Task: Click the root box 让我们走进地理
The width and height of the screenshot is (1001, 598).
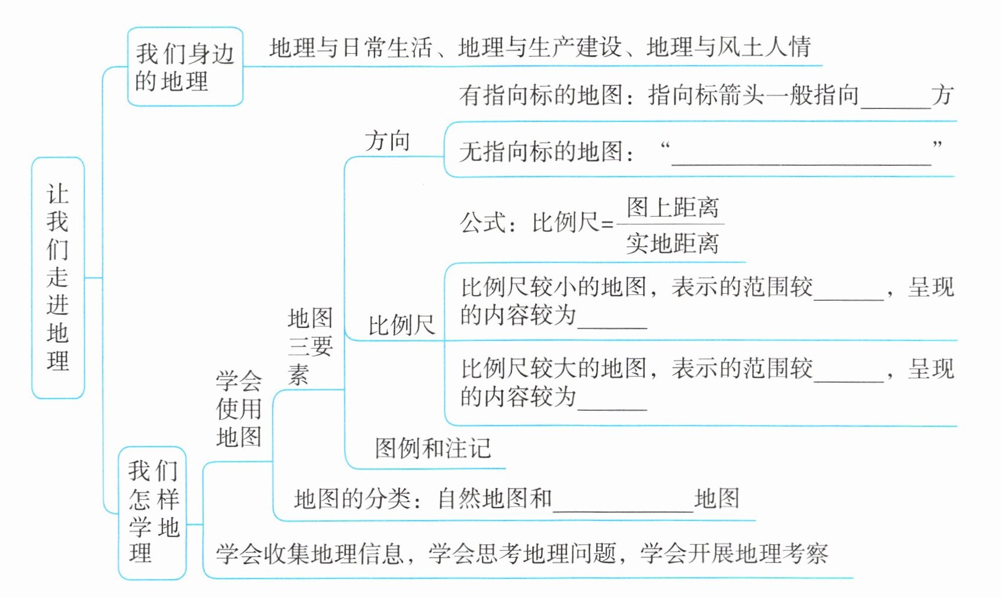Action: pyautogui.click(x=57, y=277)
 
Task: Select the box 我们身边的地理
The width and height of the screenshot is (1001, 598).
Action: pyautogui.click(x=185, y=67)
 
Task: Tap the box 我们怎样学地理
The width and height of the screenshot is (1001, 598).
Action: pyautogui.click(x=152, y=513)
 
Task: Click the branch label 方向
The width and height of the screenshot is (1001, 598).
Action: pyautogui.click(x=388, y=142)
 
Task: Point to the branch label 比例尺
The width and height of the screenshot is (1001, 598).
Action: pyautogui.click(x=401, y=325)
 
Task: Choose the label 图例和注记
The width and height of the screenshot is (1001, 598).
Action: pyautogui.click(x=433, y=448)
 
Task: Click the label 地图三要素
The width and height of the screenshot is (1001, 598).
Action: pyautogui.click(x=310, y=346)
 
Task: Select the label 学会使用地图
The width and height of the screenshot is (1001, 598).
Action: pyautogui.click(x=239, y=409)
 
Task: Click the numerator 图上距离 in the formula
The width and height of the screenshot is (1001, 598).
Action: pyautogui.click(x=673, y=207)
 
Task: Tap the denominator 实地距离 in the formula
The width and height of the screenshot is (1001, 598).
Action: pyautogui.click(x=673, y=243)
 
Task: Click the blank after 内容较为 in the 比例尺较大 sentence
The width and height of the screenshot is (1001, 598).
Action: pyautogui.click(x=612, y=403)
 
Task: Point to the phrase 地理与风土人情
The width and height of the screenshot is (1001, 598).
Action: pyautogui.click(x=728, y=47)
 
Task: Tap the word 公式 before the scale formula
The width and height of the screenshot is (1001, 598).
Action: pyautogui.click(x=482, y=223)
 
